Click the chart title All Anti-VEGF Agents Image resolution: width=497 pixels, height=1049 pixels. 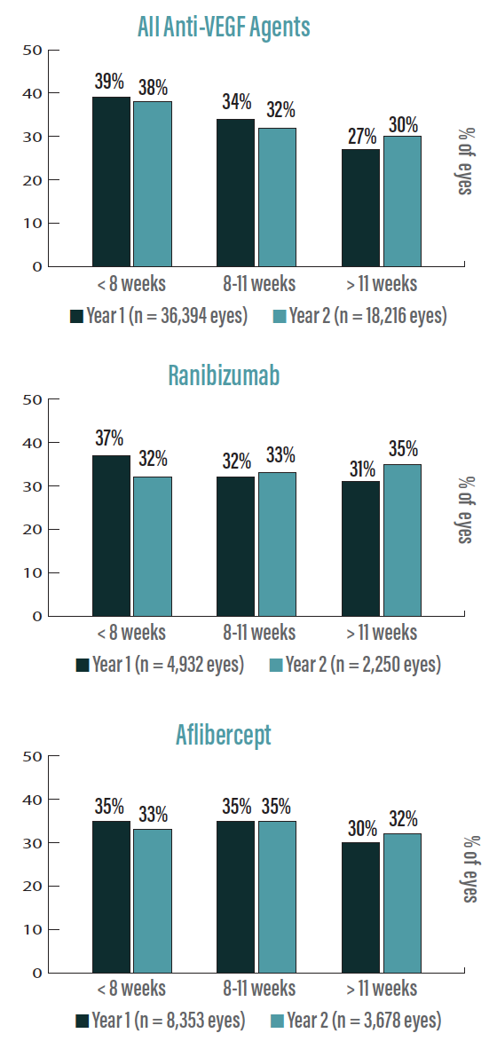[224, 27]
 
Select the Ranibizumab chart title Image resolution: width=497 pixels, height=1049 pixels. [224, 375]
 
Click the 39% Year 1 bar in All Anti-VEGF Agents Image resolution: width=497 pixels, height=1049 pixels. [111, 182]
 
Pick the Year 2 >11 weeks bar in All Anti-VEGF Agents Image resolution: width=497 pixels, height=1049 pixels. [402, 201]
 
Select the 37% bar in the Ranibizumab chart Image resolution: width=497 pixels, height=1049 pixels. [111, 536]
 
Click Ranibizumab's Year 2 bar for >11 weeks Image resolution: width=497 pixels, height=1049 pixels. [402, 540]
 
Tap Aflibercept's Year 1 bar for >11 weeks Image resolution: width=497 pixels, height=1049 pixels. [359, 908]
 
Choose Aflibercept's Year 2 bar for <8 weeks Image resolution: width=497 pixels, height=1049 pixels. [152, 902]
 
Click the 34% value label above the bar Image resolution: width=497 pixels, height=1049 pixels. [237, 102]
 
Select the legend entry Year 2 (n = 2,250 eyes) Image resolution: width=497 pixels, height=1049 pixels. [355, 664]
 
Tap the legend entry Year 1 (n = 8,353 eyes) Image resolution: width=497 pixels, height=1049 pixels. [161, 1021]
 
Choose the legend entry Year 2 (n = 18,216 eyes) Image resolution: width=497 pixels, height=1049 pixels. [359, 315]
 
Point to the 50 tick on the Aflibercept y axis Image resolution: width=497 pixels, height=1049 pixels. [32, 756]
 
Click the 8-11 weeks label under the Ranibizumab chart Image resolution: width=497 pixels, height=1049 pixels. [259, 633]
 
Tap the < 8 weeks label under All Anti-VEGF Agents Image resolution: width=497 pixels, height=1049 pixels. [131, 284]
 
